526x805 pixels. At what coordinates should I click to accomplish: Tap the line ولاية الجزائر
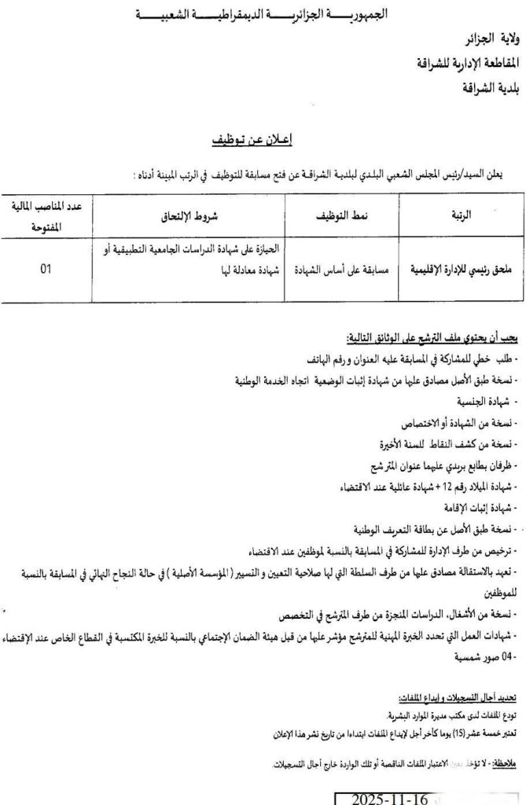(487, 37)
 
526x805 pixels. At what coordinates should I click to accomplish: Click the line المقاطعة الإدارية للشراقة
(468, 62)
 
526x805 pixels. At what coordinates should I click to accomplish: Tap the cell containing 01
(46, 268)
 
